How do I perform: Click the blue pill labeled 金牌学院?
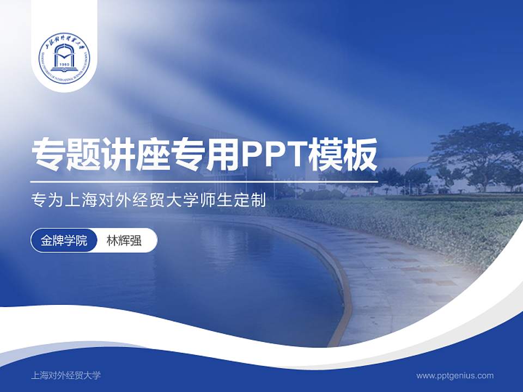(x=64, y=240)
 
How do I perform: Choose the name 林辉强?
(x=124, y=240)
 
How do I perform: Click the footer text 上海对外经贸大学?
(x=66, y=375)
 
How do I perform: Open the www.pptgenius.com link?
(x=455, y=375)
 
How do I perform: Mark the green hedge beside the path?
(x=436, y=223)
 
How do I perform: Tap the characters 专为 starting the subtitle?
(x=47, y=201)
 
